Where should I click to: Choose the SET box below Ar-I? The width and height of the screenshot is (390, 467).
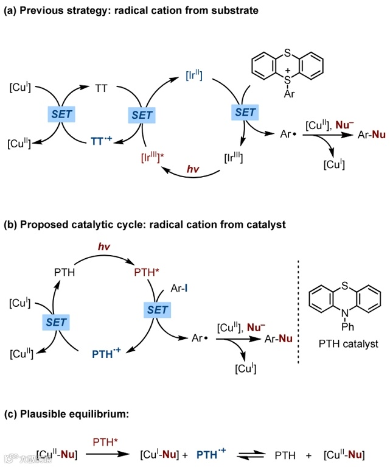[157, 310]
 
